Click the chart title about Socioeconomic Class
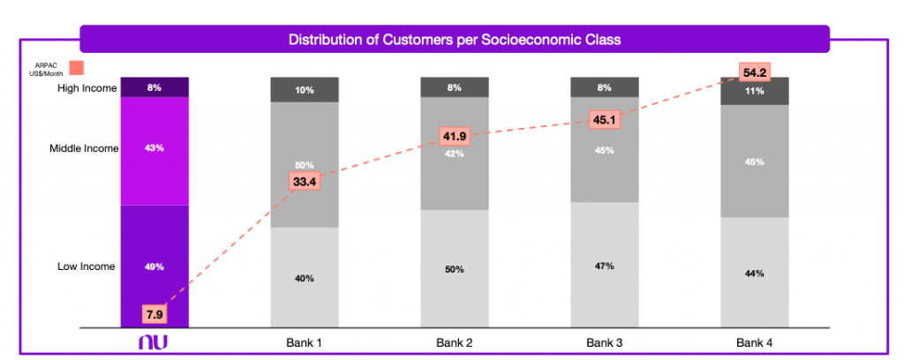coord(455,40)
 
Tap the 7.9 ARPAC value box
coord(154,312)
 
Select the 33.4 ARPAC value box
coord(305,182)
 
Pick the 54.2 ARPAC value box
coord(755,72)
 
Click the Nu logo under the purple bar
coord(154,341)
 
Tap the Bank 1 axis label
coord(305,341)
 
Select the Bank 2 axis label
coord(455,341)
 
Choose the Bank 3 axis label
coord(605,341)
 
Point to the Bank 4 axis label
coord(755,341)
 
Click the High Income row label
coord(87,87)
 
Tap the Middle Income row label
coord(84,148)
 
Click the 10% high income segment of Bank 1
coord(305,90)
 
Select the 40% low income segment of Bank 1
coord(305,278)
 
